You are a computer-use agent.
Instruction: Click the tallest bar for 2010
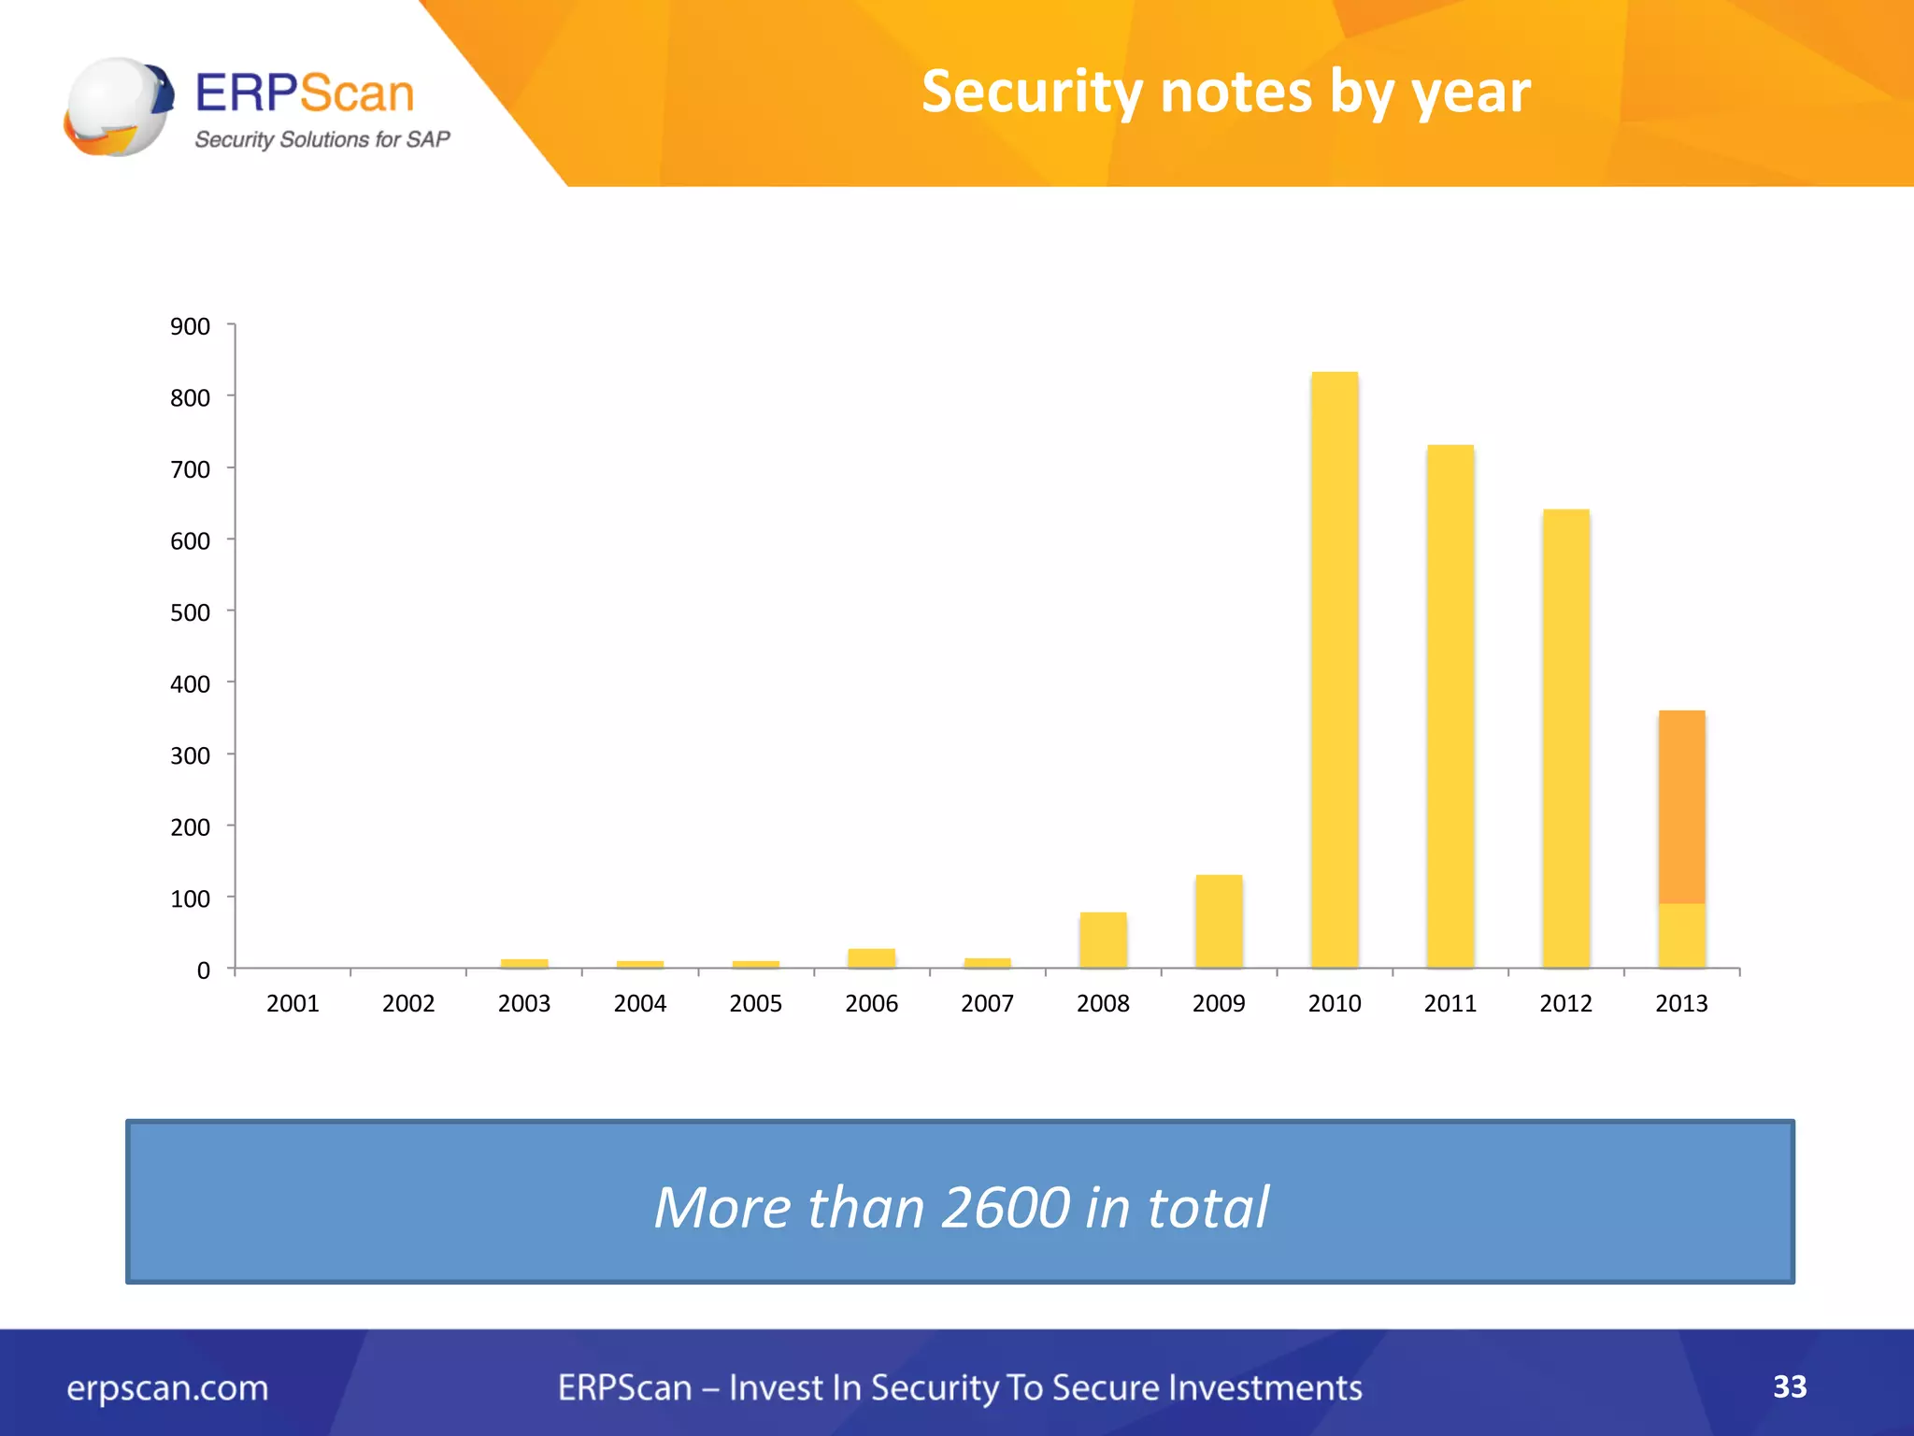pos(1335,669)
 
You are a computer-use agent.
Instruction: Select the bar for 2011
pos(1450,706)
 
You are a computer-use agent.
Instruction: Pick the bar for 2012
pos(1565,739)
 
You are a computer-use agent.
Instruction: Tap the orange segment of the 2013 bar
pos(1681,807)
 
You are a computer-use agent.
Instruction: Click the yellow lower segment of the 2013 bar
pos(1681,935)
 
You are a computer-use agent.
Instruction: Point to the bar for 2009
pos(1219,921)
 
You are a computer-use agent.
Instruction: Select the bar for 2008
pos(1103,940)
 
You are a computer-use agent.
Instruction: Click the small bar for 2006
pos(871,958)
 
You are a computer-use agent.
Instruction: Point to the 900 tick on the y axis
pos(190,326)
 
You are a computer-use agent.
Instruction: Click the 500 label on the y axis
pos(190,612)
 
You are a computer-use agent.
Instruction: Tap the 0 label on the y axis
pos(203,970)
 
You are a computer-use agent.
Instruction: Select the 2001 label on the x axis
pos(293,1003)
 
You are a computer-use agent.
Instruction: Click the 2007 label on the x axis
pos(987,1003)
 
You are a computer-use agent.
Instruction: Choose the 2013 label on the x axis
pos(1681,1003)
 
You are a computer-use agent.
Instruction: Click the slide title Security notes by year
pos(1225,92)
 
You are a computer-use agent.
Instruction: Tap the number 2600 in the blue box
pos(1005,1207)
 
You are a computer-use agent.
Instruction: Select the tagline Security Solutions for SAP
pos(321,139)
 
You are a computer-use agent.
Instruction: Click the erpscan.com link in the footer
pos(167,1387)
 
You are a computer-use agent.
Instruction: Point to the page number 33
pos(1790,1386)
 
